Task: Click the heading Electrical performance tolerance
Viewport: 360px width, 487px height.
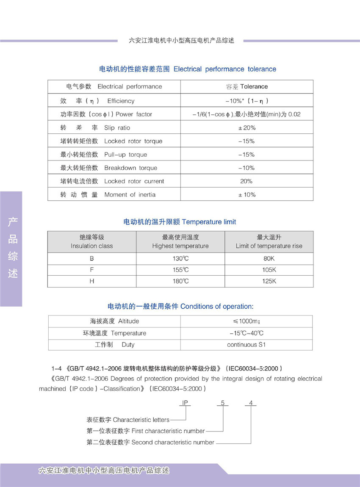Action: pos(188,69)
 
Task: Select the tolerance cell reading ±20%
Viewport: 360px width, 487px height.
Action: pos(246,128)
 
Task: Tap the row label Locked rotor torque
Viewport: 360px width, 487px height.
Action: pos(111,141)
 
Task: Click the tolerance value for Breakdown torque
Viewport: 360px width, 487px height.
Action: pos(246,168)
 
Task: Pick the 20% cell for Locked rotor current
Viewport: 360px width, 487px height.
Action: pos(246,181)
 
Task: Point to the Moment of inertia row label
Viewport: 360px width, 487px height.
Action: pos(108,195)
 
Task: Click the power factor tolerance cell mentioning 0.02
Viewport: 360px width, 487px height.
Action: pos(246,114)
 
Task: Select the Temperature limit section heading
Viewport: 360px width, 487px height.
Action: pos(180,222)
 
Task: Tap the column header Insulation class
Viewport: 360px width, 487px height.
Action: pos(92,242)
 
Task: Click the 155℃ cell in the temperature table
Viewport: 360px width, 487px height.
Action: pos(180,270)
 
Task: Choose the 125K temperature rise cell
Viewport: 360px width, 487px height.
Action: pos(269,281)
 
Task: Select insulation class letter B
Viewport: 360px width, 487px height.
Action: pos(92,258)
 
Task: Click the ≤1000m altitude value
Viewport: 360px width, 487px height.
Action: pos(246,321)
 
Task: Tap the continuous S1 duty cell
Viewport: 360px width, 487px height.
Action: pos(246,345)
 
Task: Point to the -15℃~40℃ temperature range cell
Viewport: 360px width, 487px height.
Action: pos(246,333)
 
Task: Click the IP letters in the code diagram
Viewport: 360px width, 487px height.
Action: pos(185,403)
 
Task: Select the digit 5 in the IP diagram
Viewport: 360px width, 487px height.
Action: pos(223,403)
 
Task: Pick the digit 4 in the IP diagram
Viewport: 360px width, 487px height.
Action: pos(251,403)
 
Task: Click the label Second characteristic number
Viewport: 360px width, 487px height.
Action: pos(150,442)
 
